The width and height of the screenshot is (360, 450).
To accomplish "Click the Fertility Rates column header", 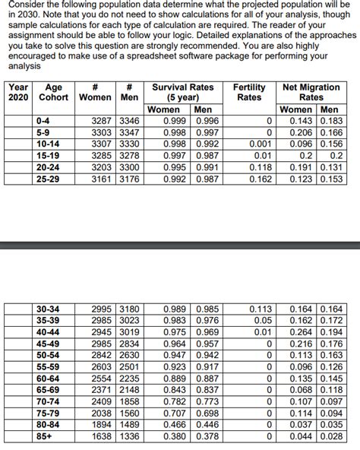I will tap(249, 92).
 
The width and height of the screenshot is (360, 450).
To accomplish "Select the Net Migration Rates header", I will tap(311, 92).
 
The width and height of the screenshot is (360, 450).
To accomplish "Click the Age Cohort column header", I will tap(53, 92).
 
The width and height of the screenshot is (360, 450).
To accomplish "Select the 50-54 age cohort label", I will tap(48, 354).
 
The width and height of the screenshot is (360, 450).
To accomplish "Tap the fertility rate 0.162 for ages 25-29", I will tap(261, 180).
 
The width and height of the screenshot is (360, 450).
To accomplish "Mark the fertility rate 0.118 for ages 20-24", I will tap(261, 168).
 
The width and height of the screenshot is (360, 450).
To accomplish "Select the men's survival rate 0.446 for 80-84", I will tap(207, 425).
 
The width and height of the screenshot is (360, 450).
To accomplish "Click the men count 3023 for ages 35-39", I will tap(127, 320).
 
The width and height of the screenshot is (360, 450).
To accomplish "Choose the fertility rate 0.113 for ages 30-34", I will tap(261, 309).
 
